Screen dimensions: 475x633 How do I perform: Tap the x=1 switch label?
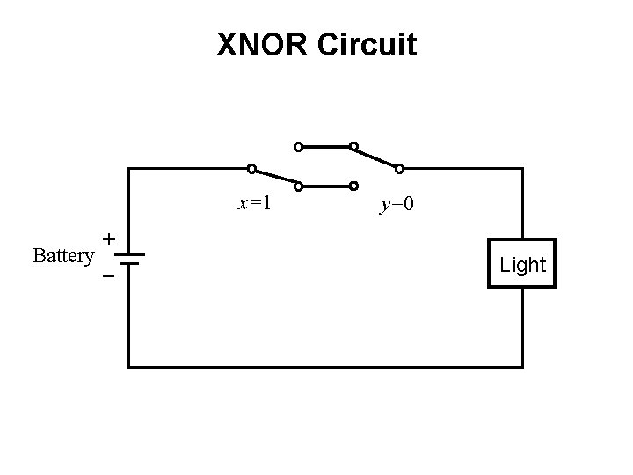[x=254, y=204]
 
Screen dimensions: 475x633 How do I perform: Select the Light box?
[x=522, y=264]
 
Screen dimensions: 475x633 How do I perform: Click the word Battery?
[x=62, y=256]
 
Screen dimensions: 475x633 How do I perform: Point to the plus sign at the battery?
[x=108, y=238]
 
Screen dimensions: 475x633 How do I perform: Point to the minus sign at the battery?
[x=108, y=276]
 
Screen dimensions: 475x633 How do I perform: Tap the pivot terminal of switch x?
[x=251, y=168]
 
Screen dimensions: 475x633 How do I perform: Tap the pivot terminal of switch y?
[x=399, y=168]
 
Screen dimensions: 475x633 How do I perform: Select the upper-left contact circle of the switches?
[x=298, y=146]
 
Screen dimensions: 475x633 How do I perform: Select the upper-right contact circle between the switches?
[x=353, y=146]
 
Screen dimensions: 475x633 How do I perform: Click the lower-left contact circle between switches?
[x=298, y=186]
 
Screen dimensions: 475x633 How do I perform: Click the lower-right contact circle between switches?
[x=353, y=186]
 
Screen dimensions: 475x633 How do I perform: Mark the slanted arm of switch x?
[x=274, y=177]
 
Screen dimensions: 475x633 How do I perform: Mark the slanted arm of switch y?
[x=376, y=157]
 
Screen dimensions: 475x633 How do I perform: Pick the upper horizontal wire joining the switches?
[x=325, y=146]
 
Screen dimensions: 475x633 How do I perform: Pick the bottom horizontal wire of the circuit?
[x=325, y=366]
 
